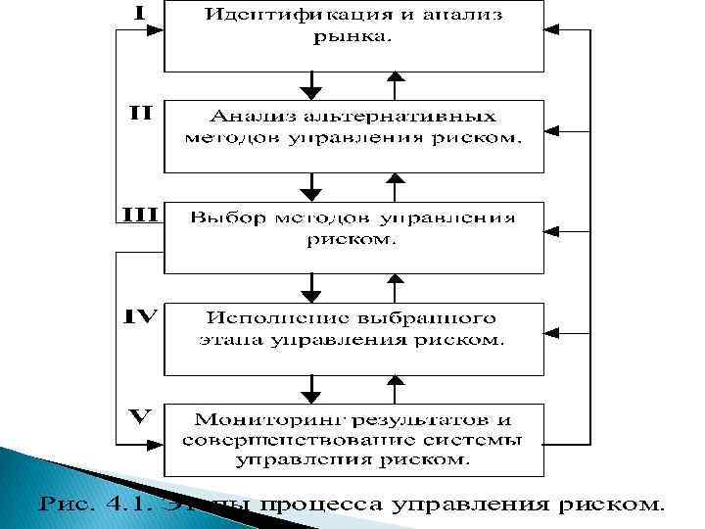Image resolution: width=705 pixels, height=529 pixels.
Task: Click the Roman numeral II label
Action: (140, 113)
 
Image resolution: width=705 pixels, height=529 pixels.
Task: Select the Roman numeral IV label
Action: (140, 315)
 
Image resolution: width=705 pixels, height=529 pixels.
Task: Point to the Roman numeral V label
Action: (140, 416)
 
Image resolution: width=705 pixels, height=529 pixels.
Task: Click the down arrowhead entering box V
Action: (311, 391)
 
